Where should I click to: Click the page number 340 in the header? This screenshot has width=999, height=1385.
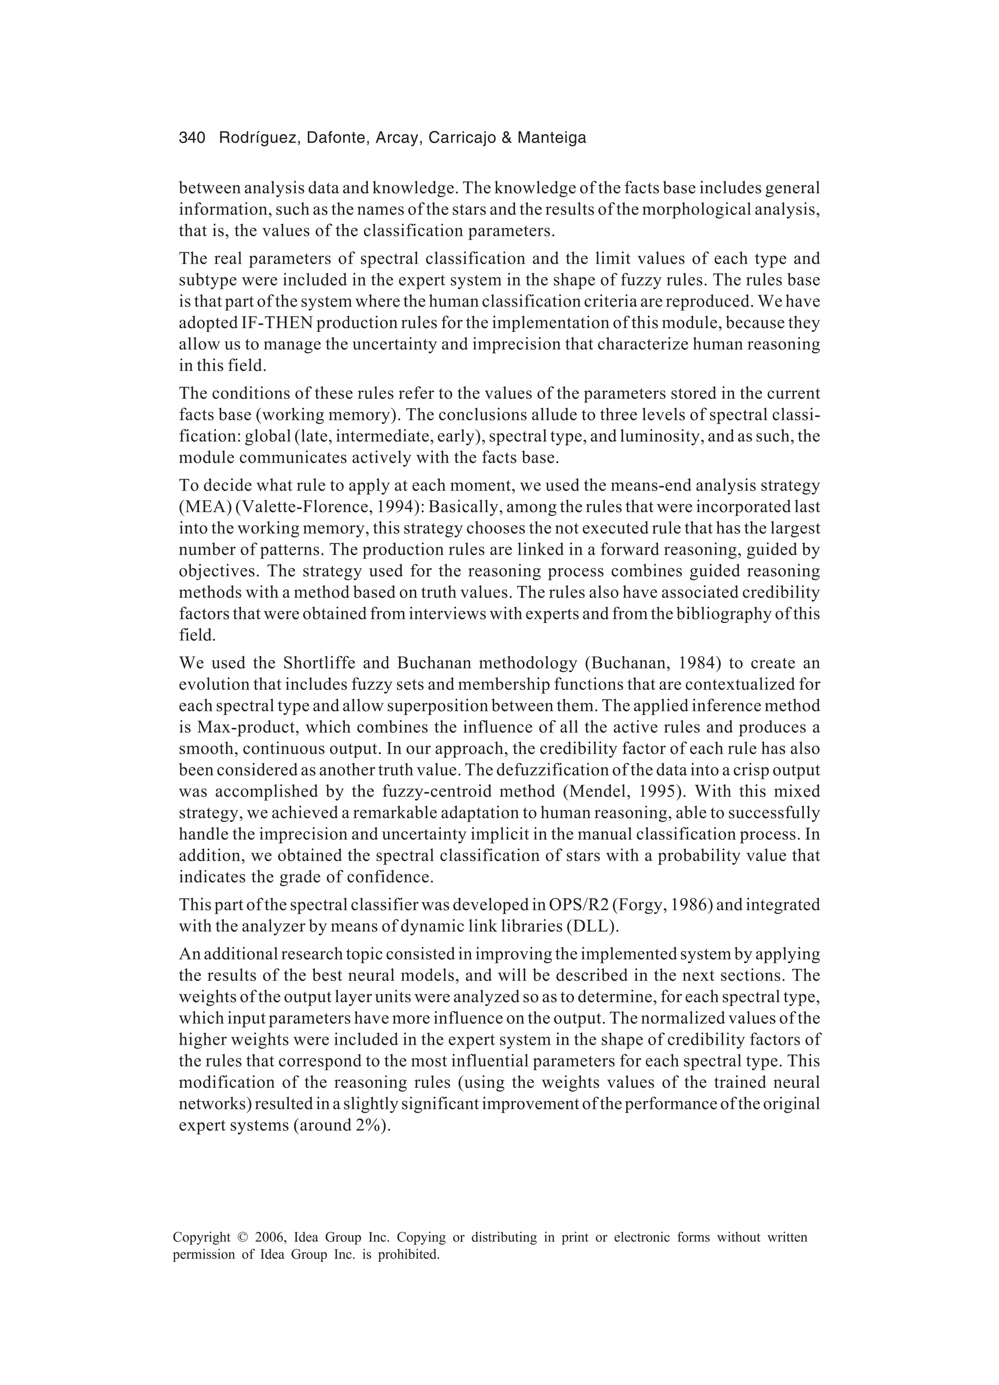[192, 138]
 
